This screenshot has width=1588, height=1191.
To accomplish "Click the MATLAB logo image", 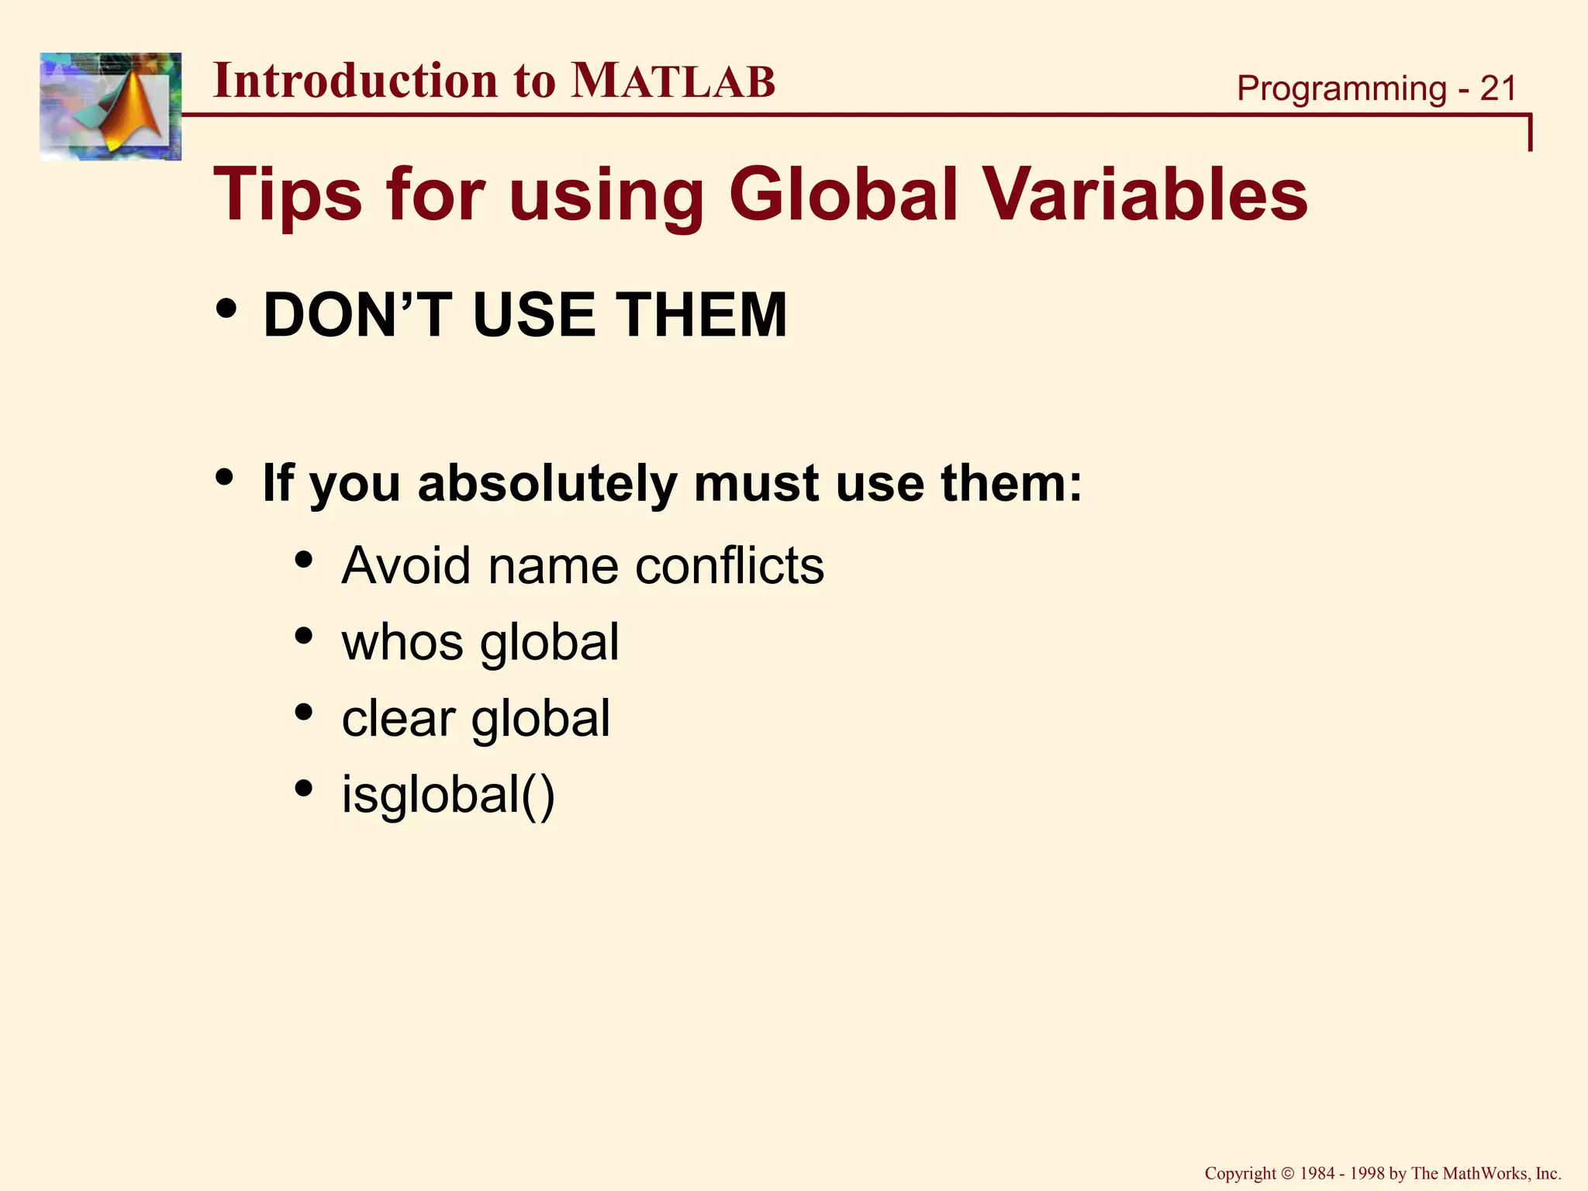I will pos(110,106).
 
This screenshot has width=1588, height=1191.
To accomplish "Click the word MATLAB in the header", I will pos(672,81).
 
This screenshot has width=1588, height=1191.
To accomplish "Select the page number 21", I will pos(1497,88).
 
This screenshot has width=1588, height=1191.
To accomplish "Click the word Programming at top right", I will pos(1341,88).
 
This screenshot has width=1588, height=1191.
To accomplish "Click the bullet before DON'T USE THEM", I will pos(226,309).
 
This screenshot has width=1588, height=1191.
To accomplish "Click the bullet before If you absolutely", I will pos(226,477).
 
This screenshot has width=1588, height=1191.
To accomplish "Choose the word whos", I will pos(402,642).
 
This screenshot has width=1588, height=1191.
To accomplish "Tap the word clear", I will pos(399,718).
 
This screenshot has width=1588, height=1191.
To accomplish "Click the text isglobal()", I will pos(448,795).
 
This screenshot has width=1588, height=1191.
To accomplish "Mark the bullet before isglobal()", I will pos(304,789).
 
